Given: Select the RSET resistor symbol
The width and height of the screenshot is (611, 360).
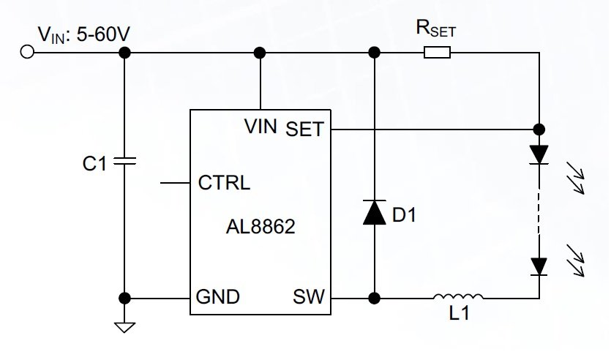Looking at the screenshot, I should pos(437,52).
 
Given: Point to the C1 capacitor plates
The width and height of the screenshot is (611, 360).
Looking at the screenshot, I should pos(124,162).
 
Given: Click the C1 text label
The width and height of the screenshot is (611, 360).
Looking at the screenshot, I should pos(93,163).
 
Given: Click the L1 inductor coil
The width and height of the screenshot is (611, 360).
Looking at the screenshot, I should pos(458,297).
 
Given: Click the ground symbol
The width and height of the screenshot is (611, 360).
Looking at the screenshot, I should pos(124,326).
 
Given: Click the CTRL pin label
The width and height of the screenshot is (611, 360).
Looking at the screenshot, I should pos(224,183).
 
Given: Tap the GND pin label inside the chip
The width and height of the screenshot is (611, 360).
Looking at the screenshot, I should pos(217,298).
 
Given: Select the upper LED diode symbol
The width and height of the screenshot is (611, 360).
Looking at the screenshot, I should pos(539,154).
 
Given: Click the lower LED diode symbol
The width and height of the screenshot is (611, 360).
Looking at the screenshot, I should pos(539,266).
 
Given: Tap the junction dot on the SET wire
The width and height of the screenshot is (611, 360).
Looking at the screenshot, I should pos(539,130).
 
